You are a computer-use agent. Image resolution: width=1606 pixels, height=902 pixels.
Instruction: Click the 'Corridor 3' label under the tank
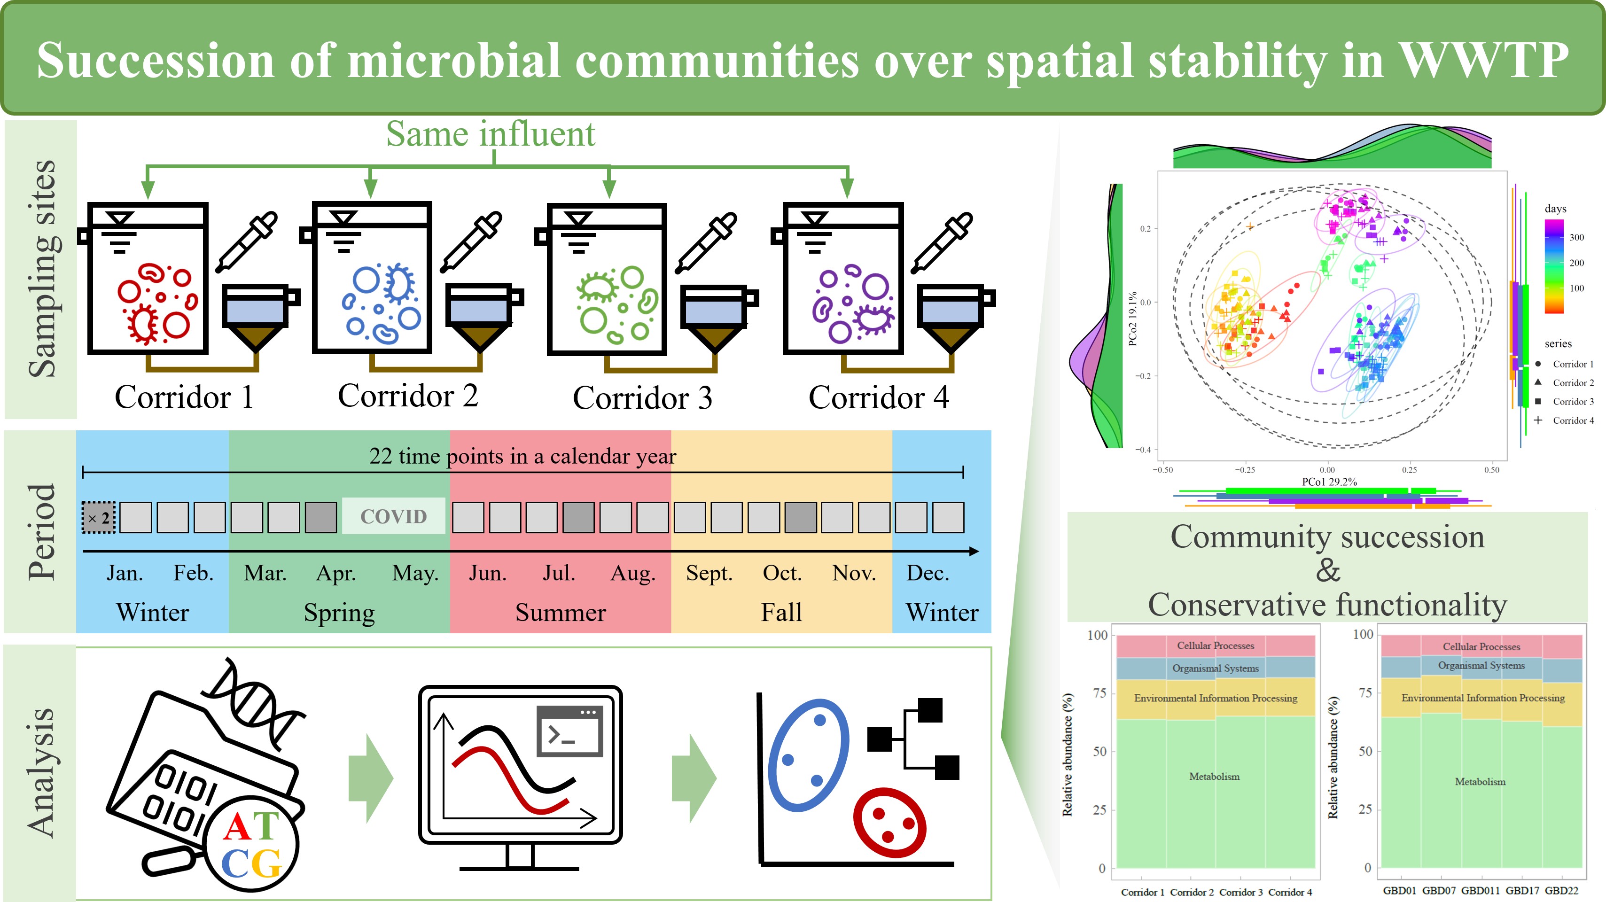(642, 398)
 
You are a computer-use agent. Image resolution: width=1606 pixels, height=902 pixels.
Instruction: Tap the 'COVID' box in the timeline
(393, 516)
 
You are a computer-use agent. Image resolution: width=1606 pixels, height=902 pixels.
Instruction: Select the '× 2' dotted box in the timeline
(99, 517)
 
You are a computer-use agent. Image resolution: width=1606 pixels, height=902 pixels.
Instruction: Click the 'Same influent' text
(491, 133)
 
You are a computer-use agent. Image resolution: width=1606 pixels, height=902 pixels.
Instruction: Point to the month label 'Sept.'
(709, 573)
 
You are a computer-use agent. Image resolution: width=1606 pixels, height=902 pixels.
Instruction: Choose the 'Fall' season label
(781, 612)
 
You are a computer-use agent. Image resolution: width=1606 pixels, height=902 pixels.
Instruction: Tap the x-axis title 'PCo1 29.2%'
(1329, 481)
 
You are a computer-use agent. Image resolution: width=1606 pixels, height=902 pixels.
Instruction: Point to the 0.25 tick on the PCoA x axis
(1409, 469)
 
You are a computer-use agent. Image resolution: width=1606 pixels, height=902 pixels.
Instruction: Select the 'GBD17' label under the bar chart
(1522, 890)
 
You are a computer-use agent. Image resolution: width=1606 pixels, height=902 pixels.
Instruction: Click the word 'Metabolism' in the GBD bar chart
(1480, 781)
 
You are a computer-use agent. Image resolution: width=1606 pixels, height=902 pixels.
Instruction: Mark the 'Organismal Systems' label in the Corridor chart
(1215, 668)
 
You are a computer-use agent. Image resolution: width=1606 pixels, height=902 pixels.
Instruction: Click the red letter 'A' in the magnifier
(237, 827)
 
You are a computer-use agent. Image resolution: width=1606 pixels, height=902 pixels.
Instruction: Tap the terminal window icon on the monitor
(569, 731)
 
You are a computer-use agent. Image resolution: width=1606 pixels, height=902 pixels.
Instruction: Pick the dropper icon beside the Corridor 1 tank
(246, 242)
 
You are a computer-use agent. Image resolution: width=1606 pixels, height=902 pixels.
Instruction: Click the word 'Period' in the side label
(41, 532)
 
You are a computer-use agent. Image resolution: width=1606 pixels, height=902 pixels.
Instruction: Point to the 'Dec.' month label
(928, 573)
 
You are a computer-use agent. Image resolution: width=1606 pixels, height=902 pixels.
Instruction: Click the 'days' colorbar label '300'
(1577, 237)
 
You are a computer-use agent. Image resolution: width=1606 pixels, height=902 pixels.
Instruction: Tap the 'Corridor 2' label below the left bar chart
(1192, 892)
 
